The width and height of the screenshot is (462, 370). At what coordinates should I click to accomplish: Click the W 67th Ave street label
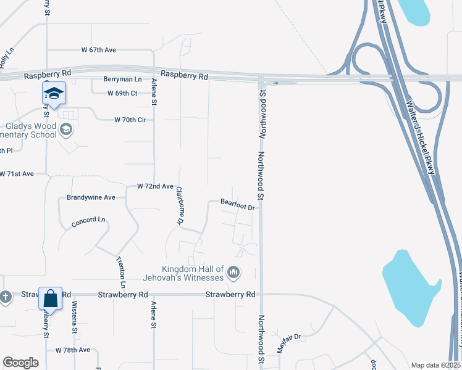99,49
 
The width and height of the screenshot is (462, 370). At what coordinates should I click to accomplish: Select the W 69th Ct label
122,93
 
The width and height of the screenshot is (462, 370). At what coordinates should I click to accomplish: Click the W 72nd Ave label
155,186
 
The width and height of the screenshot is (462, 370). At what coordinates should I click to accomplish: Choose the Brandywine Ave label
91,198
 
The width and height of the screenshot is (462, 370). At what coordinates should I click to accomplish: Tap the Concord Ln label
89,222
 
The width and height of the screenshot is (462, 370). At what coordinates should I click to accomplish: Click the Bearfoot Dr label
238,205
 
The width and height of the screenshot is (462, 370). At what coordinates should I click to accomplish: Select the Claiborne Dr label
180,205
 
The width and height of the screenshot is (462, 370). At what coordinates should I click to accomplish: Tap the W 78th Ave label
73,350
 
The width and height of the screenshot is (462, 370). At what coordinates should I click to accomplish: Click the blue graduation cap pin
54,94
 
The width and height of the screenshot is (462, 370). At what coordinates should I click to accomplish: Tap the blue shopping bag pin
51,299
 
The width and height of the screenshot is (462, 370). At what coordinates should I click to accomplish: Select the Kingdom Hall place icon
233,272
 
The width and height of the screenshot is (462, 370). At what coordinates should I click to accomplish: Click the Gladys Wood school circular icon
66,130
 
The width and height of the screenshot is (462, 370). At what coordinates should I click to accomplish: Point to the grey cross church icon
6,297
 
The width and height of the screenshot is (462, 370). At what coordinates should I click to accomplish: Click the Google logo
21,363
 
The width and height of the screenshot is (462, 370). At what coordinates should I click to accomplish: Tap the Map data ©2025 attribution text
435,365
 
